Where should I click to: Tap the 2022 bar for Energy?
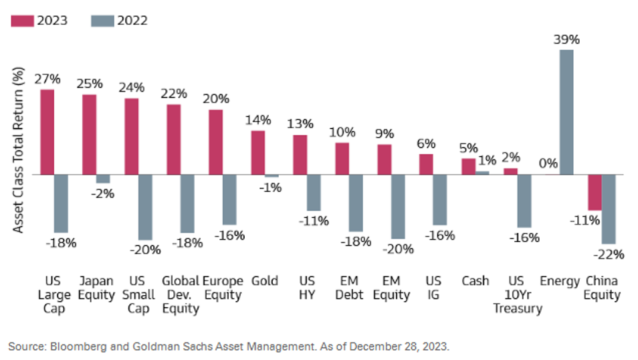566,112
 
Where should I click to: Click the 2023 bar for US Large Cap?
47,132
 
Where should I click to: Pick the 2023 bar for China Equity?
595,192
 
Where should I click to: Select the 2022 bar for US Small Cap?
145,207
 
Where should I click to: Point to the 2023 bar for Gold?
257,153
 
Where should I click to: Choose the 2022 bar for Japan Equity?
103,179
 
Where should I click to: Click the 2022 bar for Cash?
482,173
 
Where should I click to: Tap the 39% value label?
566,39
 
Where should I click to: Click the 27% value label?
47,79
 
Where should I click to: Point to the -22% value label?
610,254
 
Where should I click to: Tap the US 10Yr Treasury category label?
517,294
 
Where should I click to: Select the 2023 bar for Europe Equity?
215,142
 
